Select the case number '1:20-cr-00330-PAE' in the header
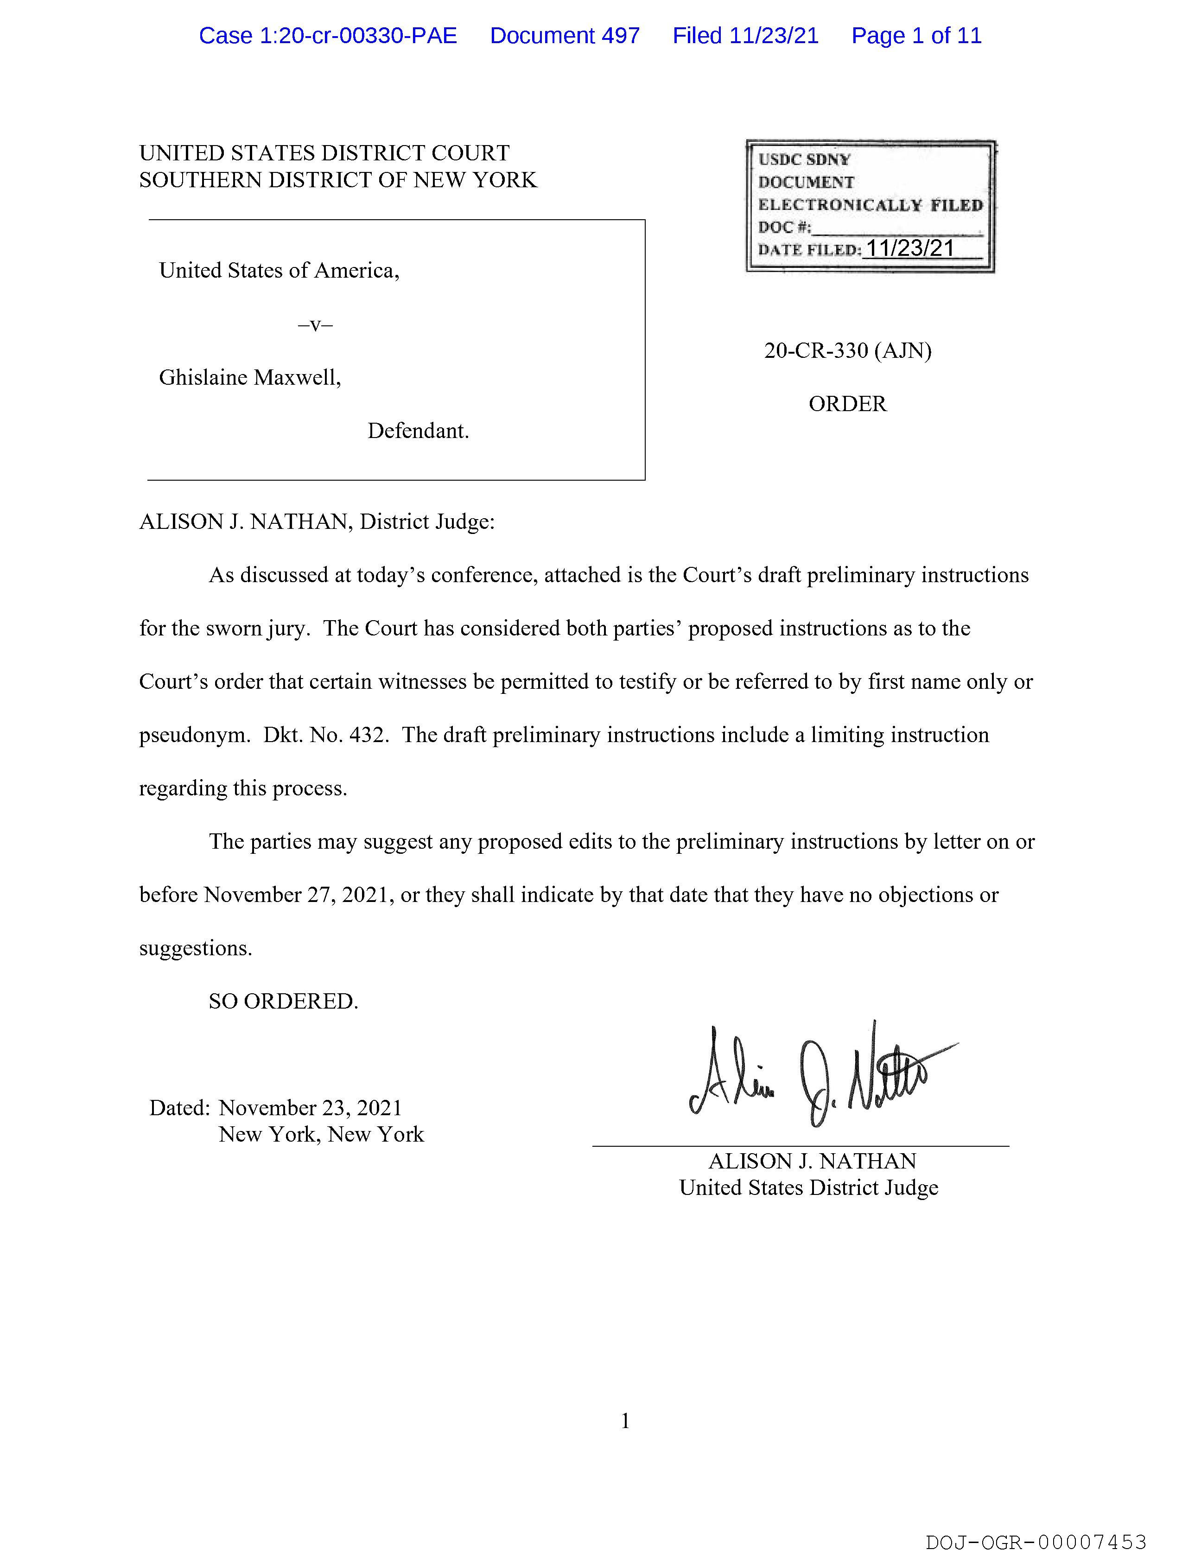click(358, 36)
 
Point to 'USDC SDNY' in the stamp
click(804, 160)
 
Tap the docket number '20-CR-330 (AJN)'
click(847, 350)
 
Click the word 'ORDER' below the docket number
click(847, 404)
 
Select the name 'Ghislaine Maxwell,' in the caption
click(250, 378)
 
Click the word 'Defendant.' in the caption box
click(418, 431)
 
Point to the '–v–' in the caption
click(315, 324)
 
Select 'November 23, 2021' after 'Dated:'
click(310, 1108)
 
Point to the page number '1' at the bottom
click(625, 1422)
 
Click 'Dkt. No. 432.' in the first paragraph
click(326, 735)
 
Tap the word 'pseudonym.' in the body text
click(194, 735)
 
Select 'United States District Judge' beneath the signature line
click(808, 1188)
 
